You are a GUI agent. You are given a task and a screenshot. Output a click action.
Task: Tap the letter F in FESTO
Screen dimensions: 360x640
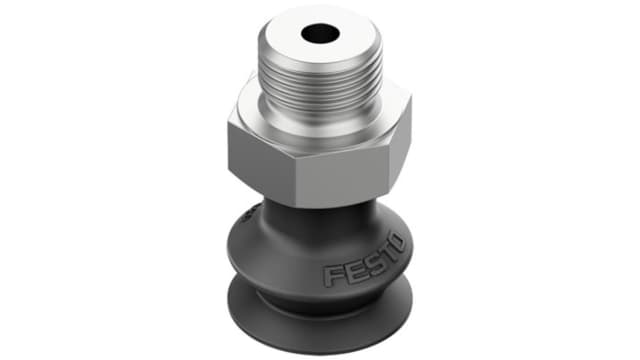point(332,276)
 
